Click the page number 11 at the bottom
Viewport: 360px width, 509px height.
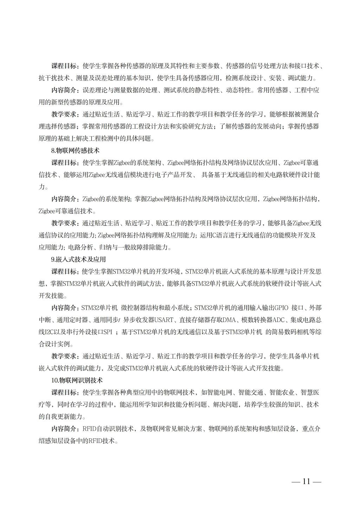pos(306,482)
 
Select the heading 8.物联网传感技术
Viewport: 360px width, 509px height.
pos(75,150)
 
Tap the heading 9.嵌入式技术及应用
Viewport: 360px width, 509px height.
pos(78,259)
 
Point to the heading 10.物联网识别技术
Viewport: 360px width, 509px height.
pos(77,380)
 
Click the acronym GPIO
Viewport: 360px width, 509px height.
pos(281,308)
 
